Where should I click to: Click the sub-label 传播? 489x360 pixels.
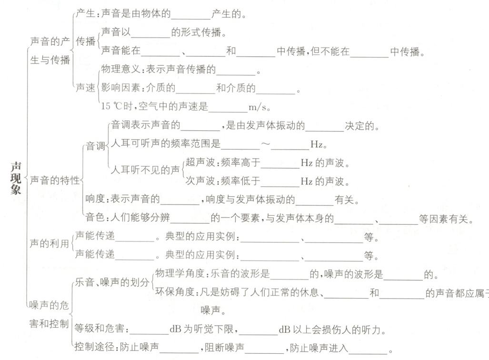86,41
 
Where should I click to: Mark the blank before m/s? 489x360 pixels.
228,106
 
